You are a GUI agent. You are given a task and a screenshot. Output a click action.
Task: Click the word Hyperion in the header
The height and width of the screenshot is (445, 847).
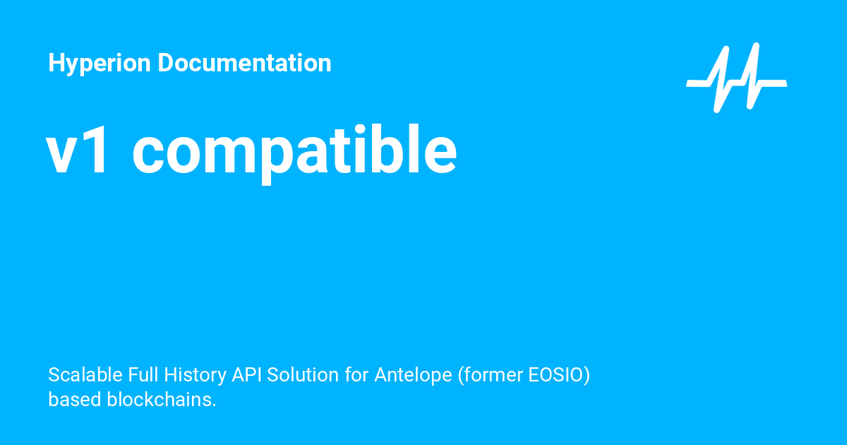(100, 64)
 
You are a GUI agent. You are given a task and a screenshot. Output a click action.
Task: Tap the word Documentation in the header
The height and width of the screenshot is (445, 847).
(244, 64)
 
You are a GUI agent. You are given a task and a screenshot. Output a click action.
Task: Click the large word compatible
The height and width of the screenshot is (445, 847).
(294, 152)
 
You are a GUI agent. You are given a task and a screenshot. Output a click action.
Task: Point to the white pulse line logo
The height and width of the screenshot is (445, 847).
(736, 78)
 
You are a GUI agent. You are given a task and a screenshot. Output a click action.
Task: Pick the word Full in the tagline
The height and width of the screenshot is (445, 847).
(145, 375)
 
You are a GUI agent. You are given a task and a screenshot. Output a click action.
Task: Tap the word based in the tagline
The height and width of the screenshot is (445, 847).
(75, 399)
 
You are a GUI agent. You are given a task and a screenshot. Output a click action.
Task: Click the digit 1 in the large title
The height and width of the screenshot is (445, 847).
(97, 152)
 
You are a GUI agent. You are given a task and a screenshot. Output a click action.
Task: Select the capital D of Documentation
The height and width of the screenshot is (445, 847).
(164, 64)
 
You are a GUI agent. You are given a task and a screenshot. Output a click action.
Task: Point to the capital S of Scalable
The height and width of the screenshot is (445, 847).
(54, 375)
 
